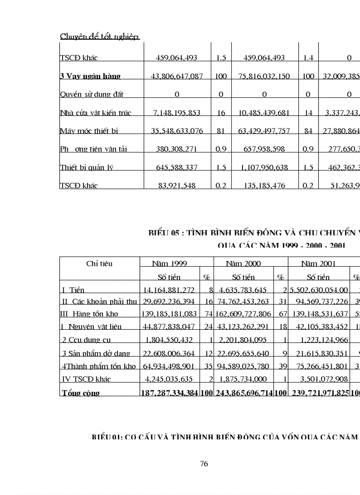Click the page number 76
point(204,463)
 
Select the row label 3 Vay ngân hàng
point(90,76)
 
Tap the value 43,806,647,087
point(177,76)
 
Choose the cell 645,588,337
point(177,167)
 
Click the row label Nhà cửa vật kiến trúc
point(95,113)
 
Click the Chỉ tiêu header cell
point(99,264)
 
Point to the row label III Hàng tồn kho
point(89,314)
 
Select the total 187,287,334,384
point(170,393)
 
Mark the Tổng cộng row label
point(81,393)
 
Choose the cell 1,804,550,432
point(170,340)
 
